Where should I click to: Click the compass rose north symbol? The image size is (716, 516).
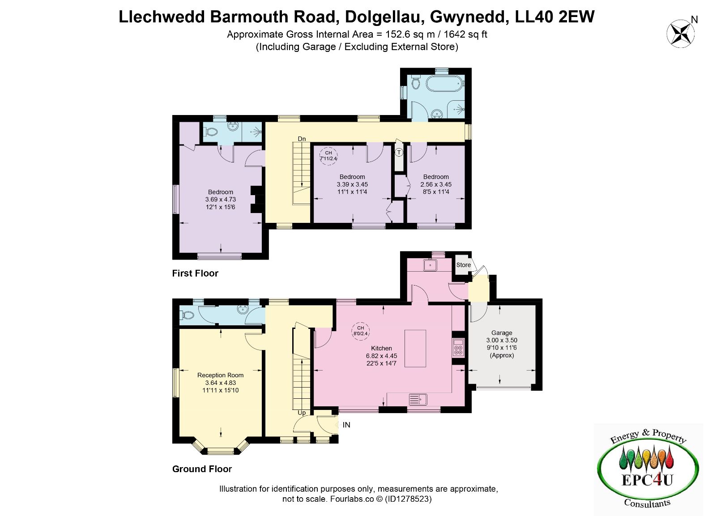(681, 34)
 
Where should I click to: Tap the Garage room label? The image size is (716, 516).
(502, 333)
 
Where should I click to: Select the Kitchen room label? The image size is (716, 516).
(381, 348)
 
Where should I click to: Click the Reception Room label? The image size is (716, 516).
(220, 375)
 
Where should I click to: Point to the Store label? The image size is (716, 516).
(464, 265)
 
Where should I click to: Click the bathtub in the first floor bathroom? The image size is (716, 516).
(444, 84)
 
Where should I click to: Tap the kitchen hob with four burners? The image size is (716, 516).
(458, 348)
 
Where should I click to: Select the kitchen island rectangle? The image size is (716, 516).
(415, 349)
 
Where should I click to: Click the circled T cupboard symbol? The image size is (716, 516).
(399, 153)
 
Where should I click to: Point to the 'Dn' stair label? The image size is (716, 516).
(302, 139)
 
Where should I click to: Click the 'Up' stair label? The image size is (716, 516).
(302, 413)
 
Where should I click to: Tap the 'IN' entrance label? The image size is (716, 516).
(346, 425)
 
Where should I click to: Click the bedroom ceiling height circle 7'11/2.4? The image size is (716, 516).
(328, 156)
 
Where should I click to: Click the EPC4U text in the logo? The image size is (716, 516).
(648, 480)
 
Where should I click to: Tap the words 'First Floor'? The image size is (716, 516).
(195, 273)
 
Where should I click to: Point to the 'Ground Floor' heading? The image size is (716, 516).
(202, 469)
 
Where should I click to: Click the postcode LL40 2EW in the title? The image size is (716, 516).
(554, 17)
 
